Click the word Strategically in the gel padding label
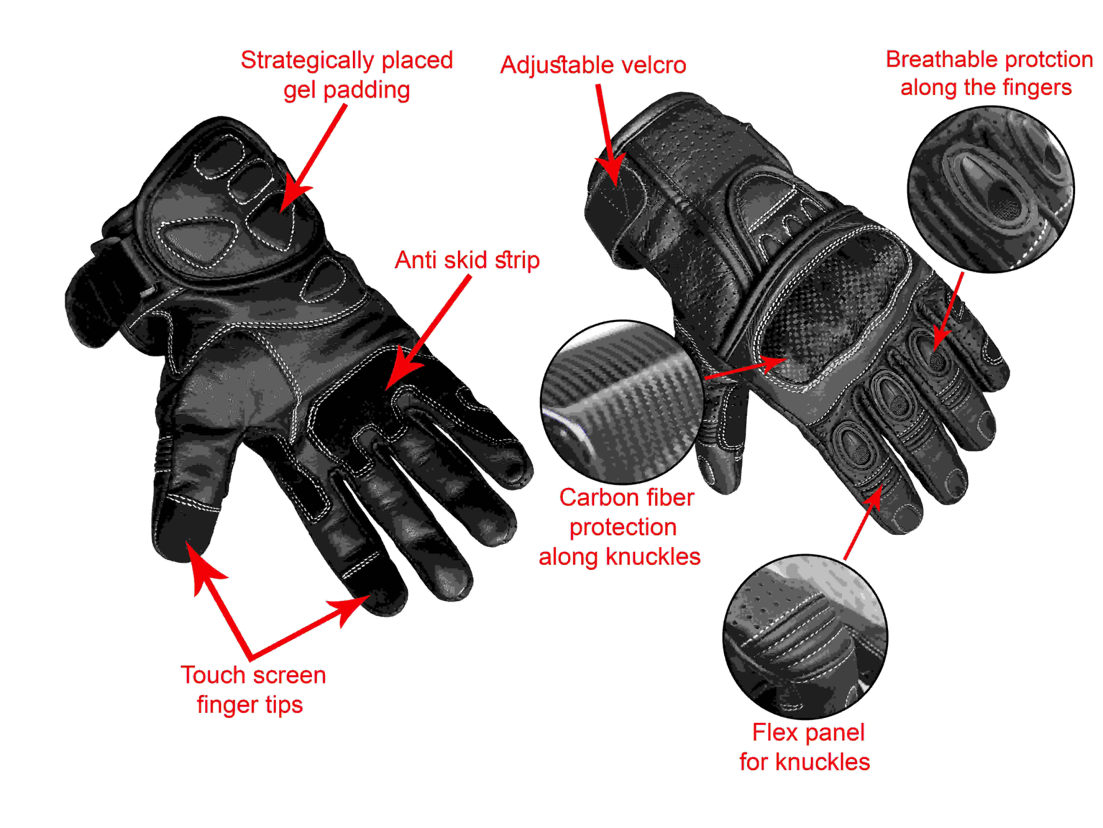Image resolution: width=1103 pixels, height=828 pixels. coord(307,61)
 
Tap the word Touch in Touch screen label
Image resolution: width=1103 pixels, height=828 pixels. coord(212,675)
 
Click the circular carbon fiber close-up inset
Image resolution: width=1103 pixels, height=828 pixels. coord(622,402)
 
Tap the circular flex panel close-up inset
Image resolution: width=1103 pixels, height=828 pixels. coord(805,637)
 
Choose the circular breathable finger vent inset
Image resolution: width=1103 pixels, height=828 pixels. coord(991,190)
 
